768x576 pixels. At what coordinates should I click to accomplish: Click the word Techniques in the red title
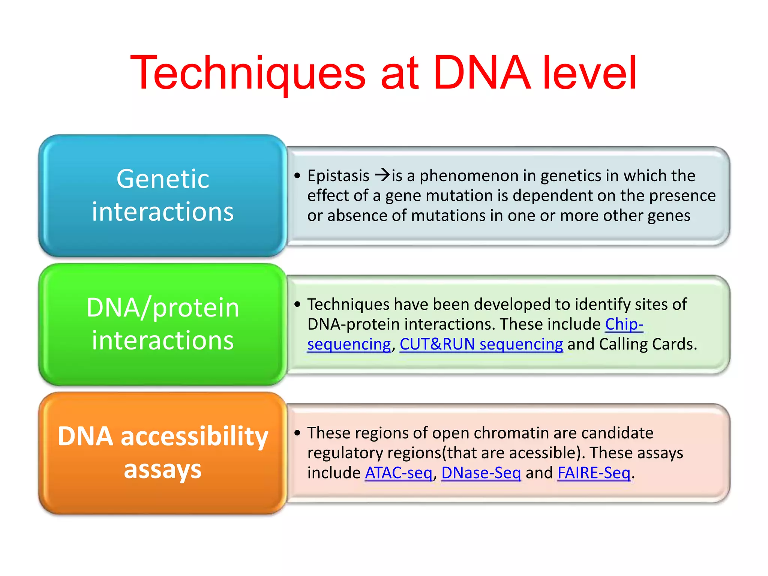coord(247,73)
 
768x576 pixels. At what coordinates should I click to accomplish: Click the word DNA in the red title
coord(482,73)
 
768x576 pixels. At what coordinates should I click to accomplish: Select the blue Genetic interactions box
coord(162,195)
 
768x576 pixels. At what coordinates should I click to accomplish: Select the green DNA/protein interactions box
coord(162,324)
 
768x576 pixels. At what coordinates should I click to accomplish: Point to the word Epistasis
coord(338,175)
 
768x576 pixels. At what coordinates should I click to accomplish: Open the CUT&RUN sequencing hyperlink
coord(481,344)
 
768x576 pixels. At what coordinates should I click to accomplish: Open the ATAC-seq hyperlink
coord(399,472)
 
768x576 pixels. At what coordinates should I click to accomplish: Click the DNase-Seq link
coord(481,472)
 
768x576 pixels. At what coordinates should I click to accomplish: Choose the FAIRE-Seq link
coord(594,472)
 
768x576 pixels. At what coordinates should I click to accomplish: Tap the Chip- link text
coord(624,324)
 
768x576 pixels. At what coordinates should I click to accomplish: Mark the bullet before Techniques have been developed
coord(297,304)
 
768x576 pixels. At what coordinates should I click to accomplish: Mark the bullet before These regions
coord(297,433)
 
